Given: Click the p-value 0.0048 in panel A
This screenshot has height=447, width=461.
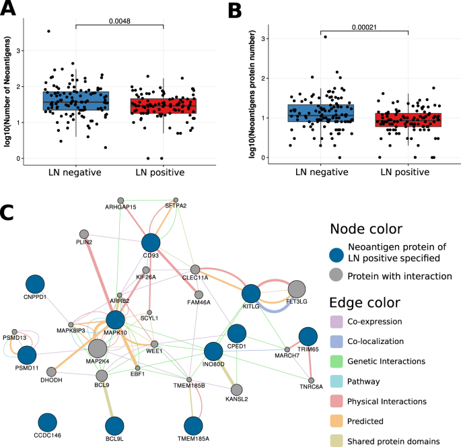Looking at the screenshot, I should tap(119, 20).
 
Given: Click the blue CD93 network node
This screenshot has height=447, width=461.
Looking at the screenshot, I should tap(151, 244).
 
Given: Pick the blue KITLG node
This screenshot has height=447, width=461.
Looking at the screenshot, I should tap(251, 294).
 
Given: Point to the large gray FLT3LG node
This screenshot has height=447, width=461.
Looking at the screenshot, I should tap(297, 290).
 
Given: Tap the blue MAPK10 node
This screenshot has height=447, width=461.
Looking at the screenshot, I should tap(116, 320).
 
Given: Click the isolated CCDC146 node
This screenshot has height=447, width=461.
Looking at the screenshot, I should tap(47, 423).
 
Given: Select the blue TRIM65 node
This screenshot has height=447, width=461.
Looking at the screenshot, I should tap(308, 337).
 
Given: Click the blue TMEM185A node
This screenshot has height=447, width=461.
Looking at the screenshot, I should tap(193, 427).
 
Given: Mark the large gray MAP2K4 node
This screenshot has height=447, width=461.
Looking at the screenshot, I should tap(98, 349).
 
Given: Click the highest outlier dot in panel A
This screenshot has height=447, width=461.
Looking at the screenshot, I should tap(48, 31).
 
